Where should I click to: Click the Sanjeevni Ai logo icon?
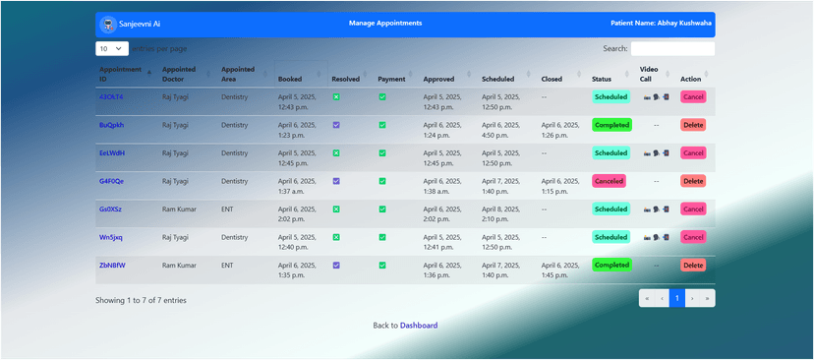pos(108,24)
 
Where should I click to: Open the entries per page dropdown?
pos(112,48)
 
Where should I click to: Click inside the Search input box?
pos(672,48)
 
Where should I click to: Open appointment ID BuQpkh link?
pos(111,125)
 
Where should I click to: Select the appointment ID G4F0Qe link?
pos(111,181)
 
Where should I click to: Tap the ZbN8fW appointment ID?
pos(112,266)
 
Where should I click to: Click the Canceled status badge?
pos(609,181)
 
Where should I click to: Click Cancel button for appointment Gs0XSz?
pos(693,210)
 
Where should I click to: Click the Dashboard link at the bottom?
pos(419,326)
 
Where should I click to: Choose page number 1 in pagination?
pos(676,298)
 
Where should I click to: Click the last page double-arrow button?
pos(707,298)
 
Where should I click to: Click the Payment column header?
pos(391,79)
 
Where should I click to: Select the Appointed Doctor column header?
pos(179,74)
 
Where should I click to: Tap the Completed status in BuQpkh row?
pos(611,125)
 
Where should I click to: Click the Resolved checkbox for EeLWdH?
pos(336,153)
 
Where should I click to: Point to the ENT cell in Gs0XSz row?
pos(227,210)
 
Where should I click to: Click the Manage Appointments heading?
pos(385,24)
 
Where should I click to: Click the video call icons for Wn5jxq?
pos(656,237)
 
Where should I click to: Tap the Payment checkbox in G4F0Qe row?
pos(382,181)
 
